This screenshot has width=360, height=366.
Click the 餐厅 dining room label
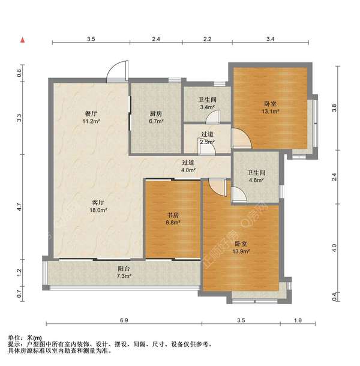click(91, 113)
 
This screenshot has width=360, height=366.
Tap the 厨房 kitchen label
click(156, 113)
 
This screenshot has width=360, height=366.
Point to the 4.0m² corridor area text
click(188, 170)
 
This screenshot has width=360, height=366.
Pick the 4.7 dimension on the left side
click(19, 208)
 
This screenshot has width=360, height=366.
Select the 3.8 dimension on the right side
click(335, 108)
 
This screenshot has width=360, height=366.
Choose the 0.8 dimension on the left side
click(19, 73)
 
